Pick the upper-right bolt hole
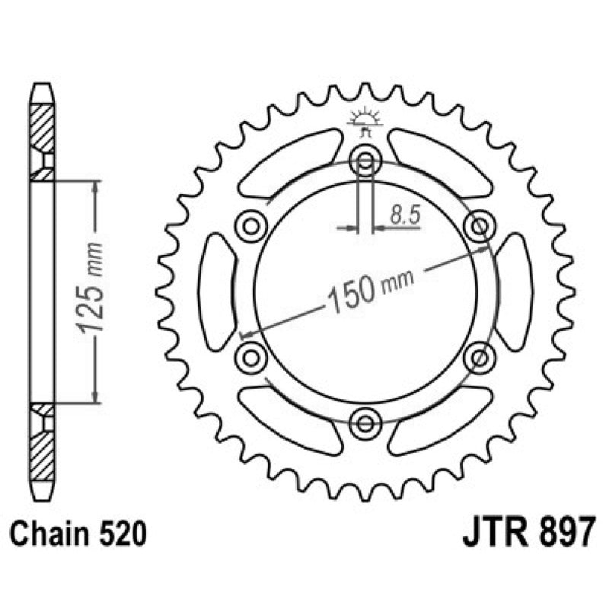480,225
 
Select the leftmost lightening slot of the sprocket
216,292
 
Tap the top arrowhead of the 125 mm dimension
95,187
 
